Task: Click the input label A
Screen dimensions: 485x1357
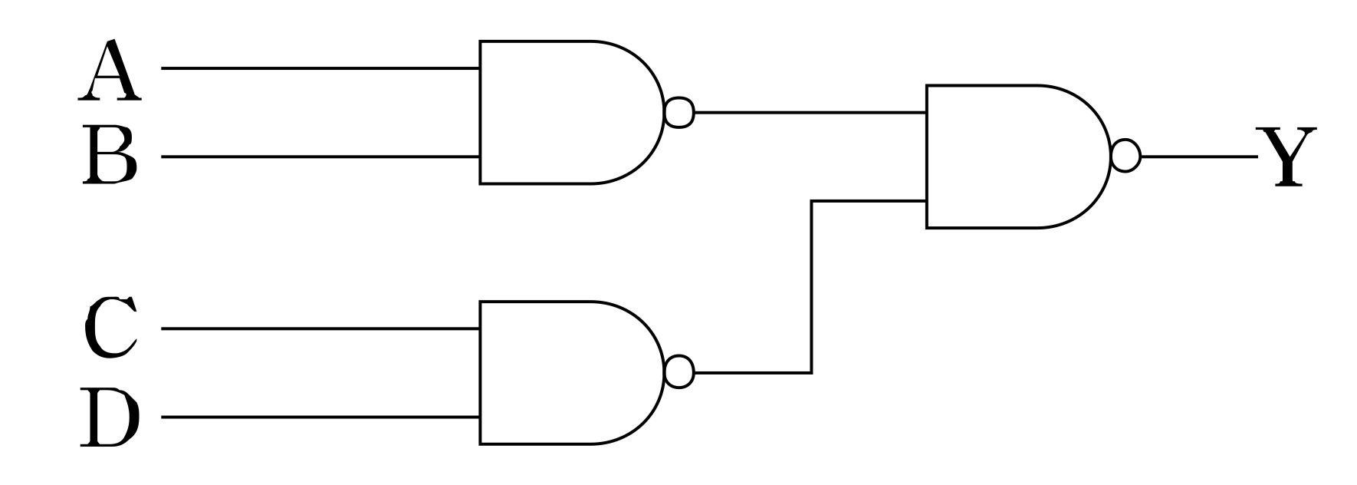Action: click(x=110, y=73)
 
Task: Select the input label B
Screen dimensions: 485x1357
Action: click(x=110, y=157)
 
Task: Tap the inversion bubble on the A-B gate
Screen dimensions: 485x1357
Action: click(x=679, y=112)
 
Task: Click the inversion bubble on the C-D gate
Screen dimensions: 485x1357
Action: click(x=679, y=373)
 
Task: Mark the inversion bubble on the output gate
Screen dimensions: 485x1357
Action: click(x=1125, y=157)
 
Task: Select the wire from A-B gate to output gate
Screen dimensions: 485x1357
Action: click(x=809, y=112)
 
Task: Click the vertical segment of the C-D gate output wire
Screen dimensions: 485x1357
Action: click(x=811, y=287)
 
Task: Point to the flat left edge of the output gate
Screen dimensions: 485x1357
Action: click(x=927, y=157)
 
